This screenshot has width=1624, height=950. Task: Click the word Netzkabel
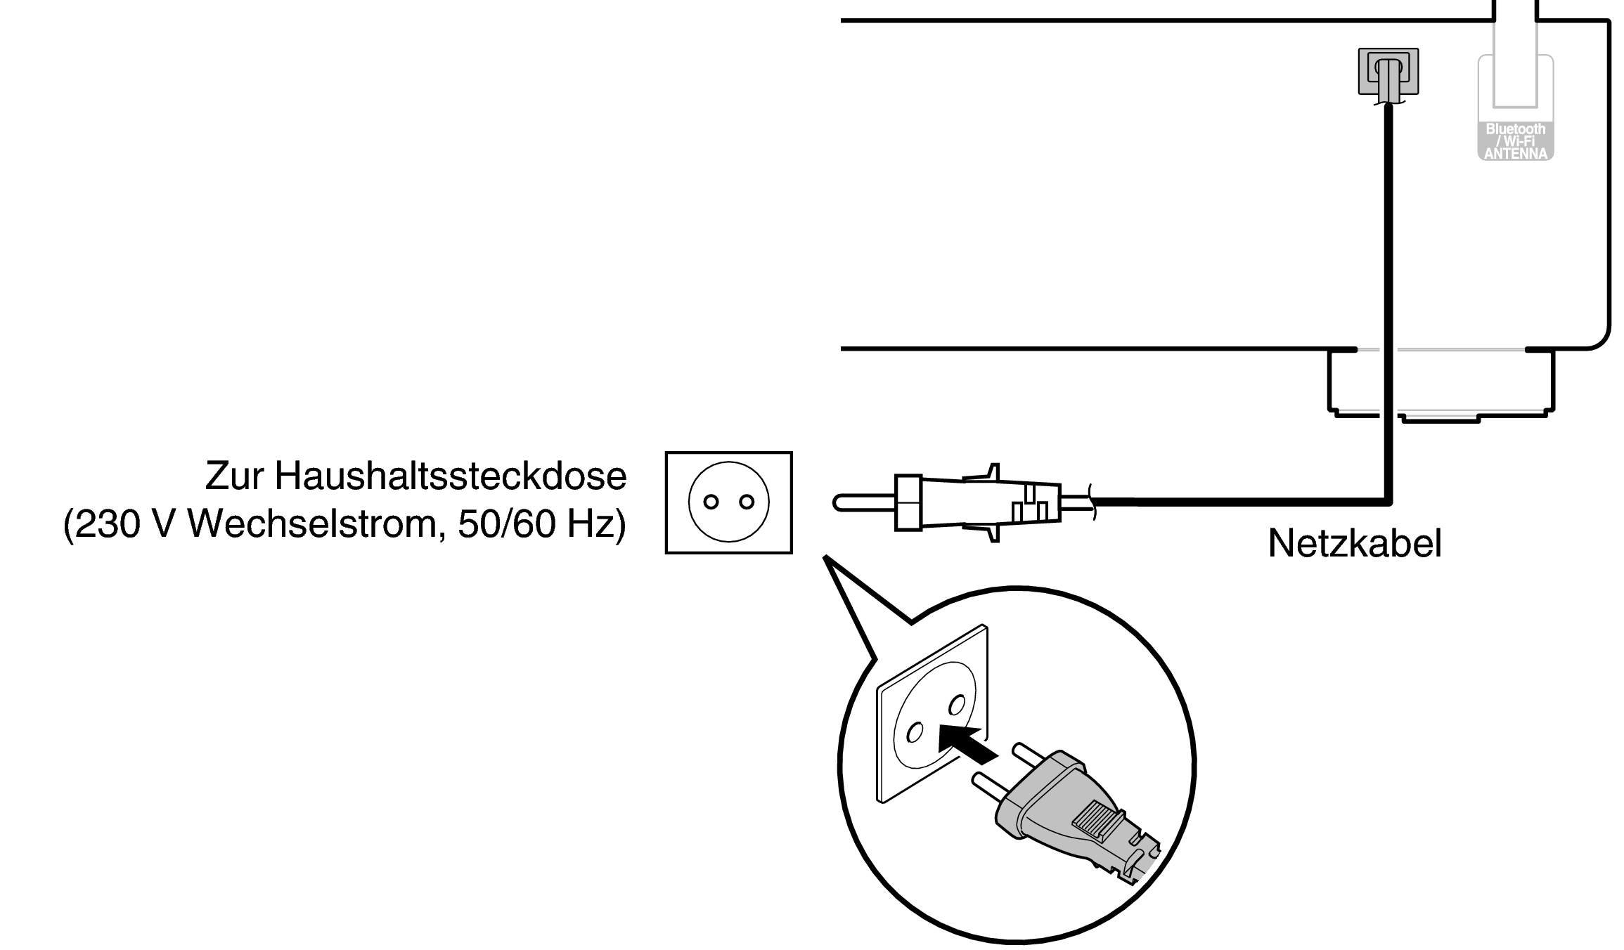[x=1354, y=545]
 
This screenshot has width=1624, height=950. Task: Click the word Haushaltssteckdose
[x=450, y=476]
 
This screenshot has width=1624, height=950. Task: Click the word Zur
[x=233, y=476]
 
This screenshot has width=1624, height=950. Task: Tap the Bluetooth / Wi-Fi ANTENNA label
[x=1515, y=141]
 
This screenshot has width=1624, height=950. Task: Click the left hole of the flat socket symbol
[x=711, y=502]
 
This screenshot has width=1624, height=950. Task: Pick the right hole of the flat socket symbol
[x=747, y=502]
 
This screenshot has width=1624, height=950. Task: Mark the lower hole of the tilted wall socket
[x=915, y=733]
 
